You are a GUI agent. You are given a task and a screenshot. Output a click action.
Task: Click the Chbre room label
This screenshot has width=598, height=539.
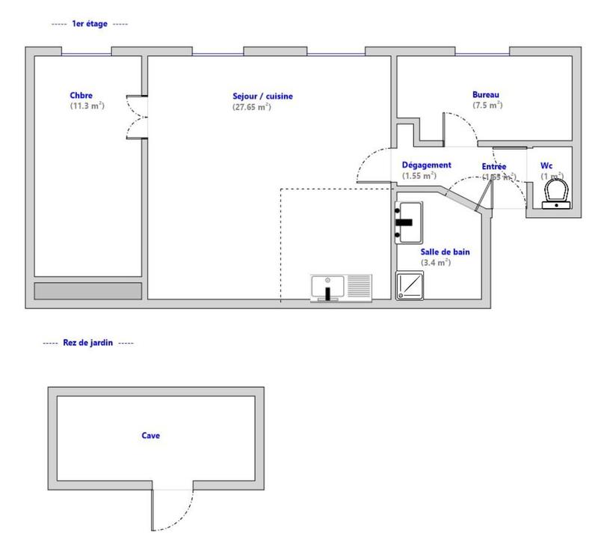click(x=81, y=95)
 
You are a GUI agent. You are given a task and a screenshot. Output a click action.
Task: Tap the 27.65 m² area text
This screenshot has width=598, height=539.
click(x=251, y=106)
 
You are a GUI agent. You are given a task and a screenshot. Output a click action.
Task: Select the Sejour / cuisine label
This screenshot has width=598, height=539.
click(x=262, y=96)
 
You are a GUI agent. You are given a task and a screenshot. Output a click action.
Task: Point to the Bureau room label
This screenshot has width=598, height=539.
click(x=485, y=94)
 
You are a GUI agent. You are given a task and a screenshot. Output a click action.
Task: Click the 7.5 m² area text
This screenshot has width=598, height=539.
click(x=487, y=105)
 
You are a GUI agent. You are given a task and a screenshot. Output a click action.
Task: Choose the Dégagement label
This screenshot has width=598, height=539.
click(x=426, y=165)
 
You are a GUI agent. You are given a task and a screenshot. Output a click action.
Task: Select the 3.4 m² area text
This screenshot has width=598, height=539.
click(x=436, y=263)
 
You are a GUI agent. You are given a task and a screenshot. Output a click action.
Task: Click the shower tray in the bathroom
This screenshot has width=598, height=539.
click(x=409, y=285)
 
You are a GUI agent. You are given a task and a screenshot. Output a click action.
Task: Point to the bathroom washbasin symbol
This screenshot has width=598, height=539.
click(x=409, y=222)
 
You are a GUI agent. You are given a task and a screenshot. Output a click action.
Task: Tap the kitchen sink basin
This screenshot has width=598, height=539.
click(x=327, y=287)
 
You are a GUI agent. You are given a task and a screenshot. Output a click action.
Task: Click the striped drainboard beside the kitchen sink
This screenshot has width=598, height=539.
click(x=360, y=287)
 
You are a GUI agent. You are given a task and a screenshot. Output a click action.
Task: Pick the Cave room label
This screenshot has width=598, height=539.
click(x=150, y=435)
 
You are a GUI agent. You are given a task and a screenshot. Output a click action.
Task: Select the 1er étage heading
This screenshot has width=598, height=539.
click(x=89, y=24)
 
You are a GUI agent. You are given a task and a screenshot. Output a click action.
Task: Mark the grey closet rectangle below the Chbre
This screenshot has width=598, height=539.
click(x=88, y=290)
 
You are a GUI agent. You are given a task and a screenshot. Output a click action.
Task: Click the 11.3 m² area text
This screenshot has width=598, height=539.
click(x=87, y=106)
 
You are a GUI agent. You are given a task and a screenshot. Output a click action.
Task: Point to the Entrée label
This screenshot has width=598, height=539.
click(x=494, y=166)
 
